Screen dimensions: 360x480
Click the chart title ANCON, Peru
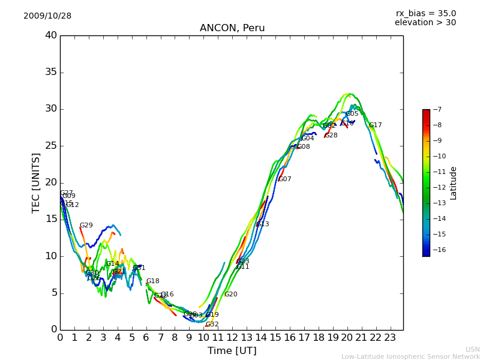coord(232,28)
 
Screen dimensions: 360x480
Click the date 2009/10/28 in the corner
coord(47,16)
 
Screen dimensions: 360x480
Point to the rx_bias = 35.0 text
coord(425,13)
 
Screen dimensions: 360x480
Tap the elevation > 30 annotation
coord(425,23)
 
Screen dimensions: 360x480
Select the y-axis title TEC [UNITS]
coord(37,182)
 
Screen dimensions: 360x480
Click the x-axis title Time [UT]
coord(232,350)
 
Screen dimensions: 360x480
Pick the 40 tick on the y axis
coord(50,35)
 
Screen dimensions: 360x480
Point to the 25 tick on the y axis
coord(50,146)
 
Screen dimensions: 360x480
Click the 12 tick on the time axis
coord(232,337)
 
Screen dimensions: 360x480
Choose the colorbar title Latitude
coord(454,183)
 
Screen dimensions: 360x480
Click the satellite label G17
coord(375,125)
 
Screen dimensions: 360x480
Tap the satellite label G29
coord(86,226)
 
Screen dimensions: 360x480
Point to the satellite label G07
coord(284,179)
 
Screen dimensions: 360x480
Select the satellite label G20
coord(230,295)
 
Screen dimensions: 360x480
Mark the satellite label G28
coord(331,136)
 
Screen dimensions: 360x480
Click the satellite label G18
coord(153,281)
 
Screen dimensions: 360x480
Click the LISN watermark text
coord(472,349)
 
